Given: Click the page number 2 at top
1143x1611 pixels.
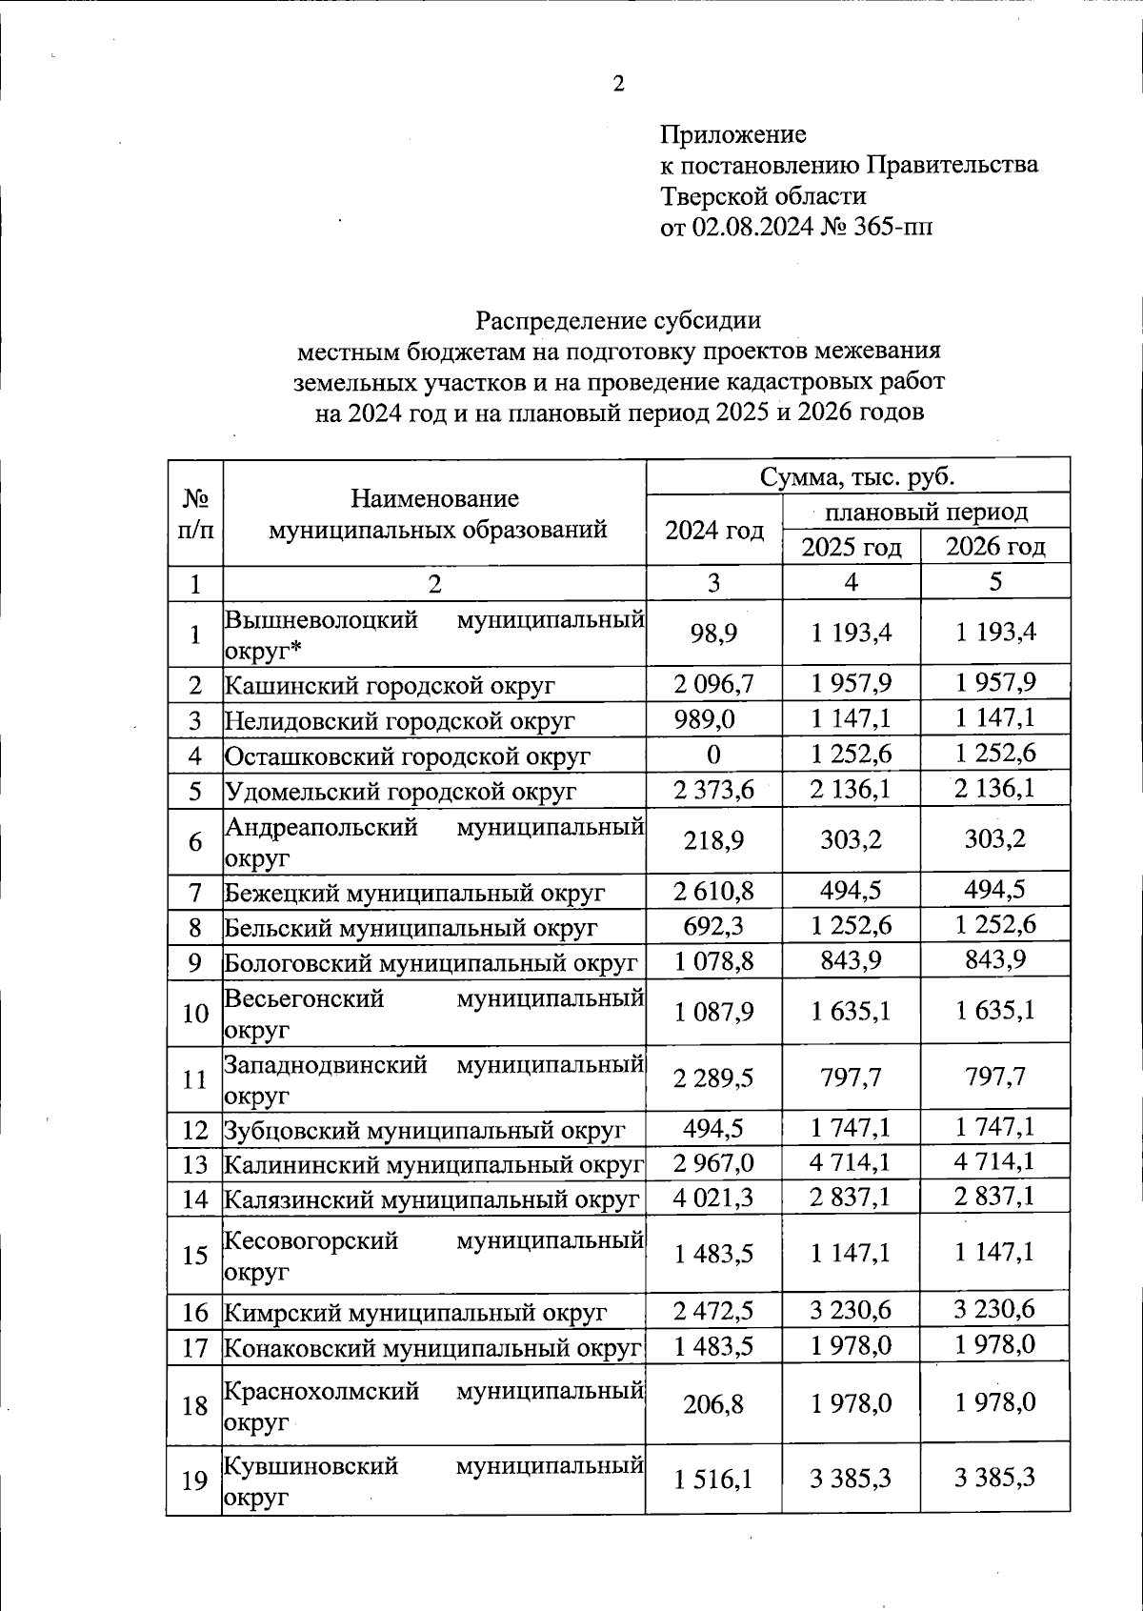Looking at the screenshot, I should [618, 85].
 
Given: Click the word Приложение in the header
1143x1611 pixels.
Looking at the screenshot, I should [733, 134].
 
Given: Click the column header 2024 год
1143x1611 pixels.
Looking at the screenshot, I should [714, 531].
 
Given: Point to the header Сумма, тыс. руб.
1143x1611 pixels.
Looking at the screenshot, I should [856, 476].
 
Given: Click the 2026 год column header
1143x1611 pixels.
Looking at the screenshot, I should [994, 547].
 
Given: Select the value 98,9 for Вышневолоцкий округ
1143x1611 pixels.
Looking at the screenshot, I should [714, 634].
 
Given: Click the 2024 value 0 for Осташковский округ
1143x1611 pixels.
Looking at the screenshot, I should [713, 755].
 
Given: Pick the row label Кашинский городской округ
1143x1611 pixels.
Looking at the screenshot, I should [390, 685].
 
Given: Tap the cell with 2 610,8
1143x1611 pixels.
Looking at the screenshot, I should [713, 892].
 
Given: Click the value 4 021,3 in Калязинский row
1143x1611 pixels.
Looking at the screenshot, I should [713, 1198].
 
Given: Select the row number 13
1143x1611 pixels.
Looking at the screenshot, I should [194, 1164].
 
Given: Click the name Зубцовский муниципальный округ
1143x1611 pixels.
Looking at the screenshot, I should [424, 1131].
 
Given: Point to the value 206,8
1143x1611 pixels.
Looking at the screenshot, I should [713, 1404].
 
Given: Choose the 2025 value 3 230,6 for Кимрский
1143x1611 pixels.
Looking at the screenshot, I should [851, 1311].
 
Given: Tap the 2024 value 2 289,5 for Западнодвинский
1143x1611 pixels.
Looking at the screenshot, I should [713, 1078].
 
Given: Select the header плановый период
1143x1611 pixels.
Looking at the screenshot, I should [925, 513].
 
